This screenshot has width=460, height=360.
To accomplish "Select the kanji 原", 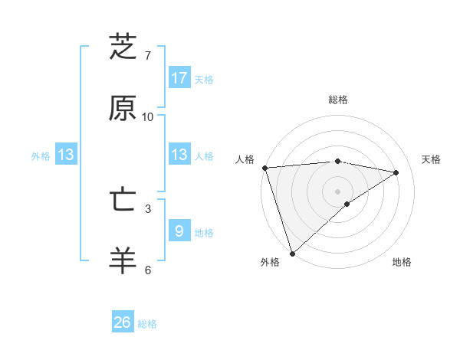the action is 123,109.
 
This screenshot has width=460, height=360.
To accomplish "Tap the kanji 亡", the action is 123,200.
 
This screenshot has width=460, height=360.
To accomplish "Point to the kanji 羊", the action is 123,261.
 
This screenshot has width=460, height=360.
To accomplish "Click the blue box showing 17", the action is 179,78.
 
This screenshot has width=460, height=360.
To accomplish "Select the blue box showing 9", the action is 179,231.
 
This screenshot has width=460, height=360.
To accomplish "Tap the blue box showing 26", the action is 123,322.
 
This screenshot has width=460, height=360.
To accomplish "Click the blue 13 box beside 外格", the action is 66,155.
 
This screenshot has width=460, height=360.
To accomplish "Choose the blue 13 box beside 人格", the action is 179,155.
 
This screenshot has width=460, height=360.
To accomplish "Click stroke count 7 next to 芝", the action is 148,56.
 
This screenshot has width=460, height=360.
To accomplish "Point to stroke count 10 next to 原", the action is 148,117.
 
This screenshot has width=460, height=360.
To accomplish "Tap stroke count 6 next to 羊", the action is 148,270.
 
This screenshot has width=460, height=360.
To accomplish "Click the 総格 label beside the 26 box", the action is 147,324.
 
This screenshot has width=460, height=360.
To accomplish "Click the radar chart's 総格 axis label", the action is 337,100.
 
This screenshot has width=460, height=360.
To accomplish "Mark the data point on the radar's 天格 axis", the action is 396,172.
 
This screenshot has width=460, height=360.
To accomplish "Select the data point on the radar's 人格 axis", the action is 264,168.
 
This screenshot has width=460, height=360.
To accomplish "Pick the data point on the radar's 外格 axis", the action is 292,253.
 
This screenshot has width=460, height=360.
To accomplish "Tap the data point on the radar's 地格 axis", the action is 347,204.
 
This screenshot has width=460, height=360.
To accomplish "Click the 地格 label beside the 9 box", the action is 204,232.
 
